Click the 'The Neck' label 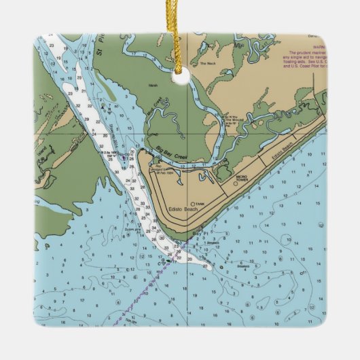[x=206, y=64]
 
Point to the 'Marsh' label [x=152, y=86]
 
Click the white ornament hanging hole [x=180, y=79]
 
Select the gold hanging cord [x=181, y=34]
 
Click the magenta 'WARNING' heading [x=298, y=47]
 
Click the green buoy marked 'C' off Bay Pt [x=164, y=259]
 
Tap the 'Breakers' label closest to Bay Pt [x=195, y=242]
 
